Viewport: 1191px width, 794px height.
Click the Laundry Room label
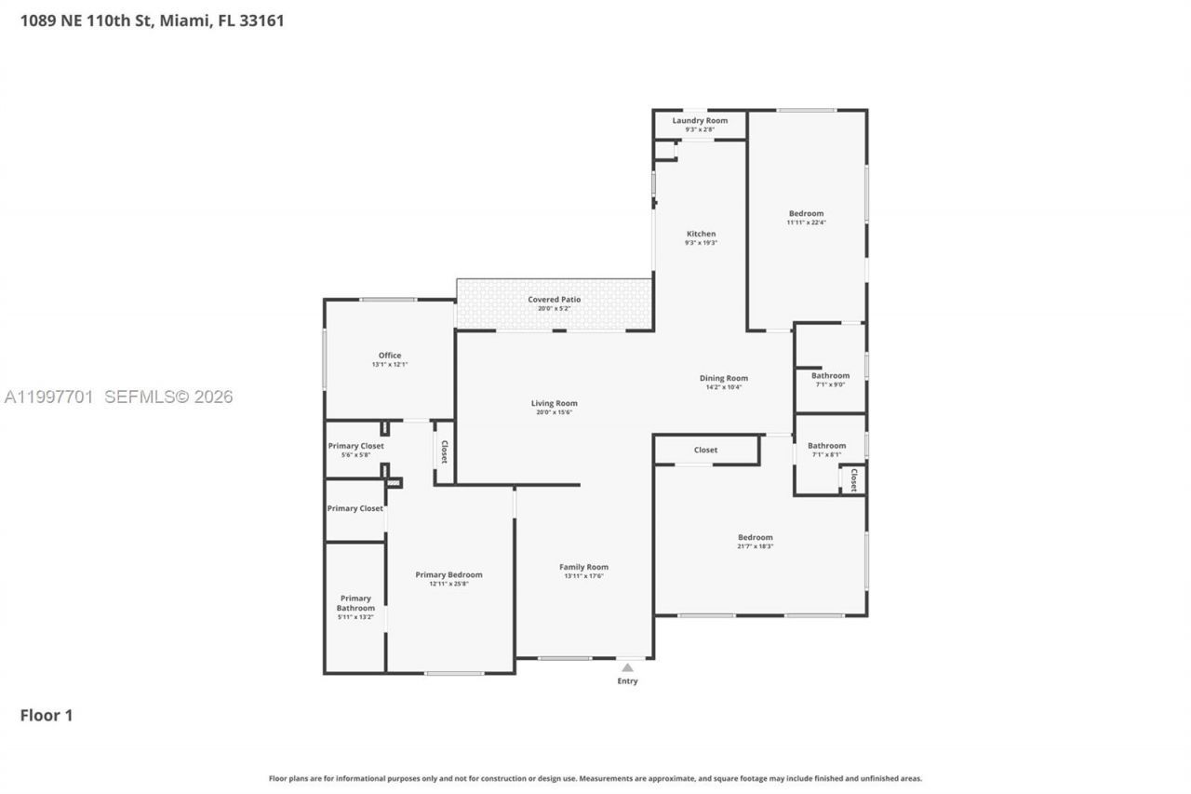coord(700,121)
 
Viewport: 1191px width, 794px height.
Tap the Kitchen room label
coord(701,234)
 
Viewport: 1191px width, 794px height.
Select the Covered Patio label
coord(554,300)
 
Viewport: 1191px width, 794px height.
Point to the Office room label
coord(390,356)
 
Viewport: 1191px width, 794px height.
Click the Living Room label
coord(554,403)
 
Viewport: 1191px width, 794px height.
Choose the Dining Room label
coord(723,378)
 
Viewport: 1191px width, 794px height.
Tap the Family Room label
coord(583,567)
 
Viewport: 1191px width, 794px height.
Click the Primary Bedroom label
coord(448,574)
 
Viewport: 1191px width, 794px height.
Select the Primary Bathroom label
coord(355,603)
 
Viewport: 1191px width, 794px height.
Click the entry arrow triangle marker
coord(628,667)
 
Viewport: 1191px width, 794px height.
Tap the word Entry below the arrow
coord(628,681)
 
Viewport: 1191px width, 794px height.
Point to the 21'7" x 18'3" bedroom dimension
coord(755,546)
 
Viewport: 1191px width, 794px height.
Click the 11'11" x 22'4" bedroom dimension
coord(806,222)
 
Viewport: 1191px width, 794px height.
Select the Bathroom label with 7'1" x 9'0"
coord(830,376)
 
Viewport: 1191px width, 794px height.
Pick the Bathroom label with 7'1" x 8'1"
coord(826,446)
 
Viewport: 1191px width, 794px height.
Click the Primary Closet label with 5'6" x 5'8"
coord(355,446)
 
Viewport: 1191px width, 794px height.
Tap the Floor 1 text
coord(47,715)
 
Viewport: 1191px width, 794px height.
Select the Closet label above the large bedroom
coord(705,450)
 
